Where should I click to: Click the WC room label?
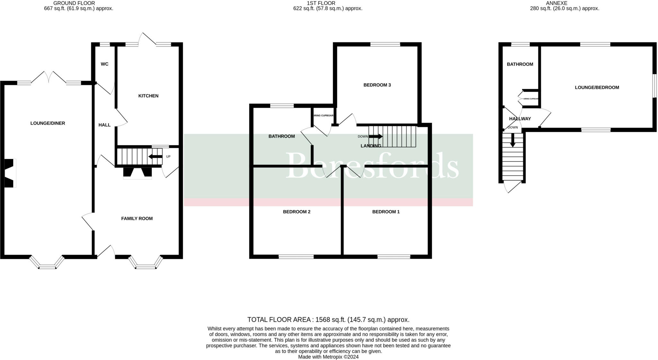pyautogui.click(x=104, y=64)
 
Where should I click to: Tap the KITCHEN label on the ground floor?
pyautogui.click(x=148, y=96)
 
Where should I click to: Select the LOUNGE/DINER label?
pyautogui.click(x=48, y=123)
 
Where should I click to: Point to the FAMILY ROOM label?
pyautogui.click(x=137, y=219)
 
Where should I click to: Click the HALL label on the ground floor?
pyautogui.click(x=104, y=125)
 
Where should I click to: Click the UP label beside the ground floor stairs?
pyautogui.click(x=168, y=157)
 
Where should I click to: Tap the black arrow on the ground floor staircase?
pyautogui.click(x=155, y=157)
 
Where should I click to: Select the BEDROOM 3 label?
pyautogui.click(x=377, y=85)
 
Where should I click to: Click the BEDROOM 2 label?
pyautogui.click(x=296, y=212)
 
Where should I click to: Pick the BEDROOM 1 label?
pyautogui.click(x=386, y=212)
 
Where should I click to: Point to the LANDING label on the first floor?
pyautogui.click(x=371, y=146)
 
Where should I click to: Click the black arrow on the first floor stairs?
pyautogui.click(x=375, y=137)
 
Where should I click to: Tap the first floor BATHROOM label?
pyautogui.click(x=281, y=136)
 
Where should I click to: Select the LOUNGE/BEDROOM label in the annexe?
pyautogui.click(x=597, y=87)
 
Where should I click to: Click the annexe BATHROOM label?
pyautogui.click(x=520, y=64)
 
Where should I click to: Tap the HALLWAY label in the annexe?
pyautogui.click(x=520, y=119)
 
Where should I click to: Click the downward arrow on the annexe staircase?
pyautogui.click(x=513, y=140)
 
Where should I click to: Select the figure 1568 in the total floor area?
pyautogui.click(x=323, y=320)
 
